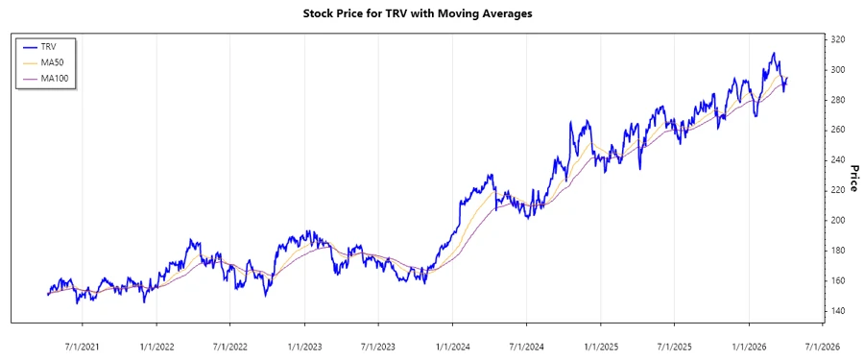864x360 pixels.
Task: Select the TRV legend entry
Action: click(x=49, y=46)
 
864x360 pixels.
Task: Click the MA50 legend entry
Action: click(x=53, y=61)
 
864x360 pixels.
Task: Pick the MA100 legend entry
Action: click(x=55, y=78)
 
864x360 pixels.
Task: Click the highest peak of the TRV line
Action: click(x=774, y=54)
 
